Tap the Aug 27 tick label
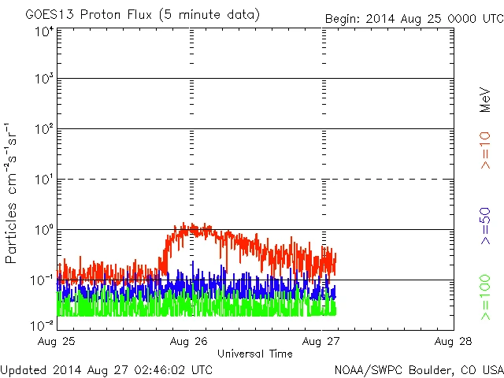(x=324, y=341)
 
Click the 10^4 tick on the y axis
(x=43, y=31)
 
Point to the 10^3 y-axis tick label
(x=43, y=80)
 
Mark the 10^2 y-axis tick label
(x=43, y=130)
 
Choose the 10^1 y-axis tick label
(x=43, y=180)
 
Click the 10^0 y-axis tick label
(x=43, y=231)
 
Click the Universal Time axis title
(x=255, y=354)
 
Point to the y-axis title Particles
(x=13, y=228)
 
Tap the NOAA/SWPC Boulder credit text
(x=417, y=369)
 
